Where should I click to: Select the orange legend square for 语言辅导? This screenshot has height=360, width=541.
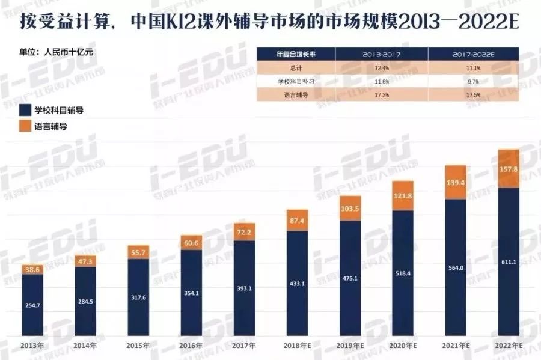pyautogui.click(x=25, y=127)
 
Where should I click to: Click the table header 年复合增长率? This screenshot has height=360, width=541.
pyautogui.click(x=296, y=54)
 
